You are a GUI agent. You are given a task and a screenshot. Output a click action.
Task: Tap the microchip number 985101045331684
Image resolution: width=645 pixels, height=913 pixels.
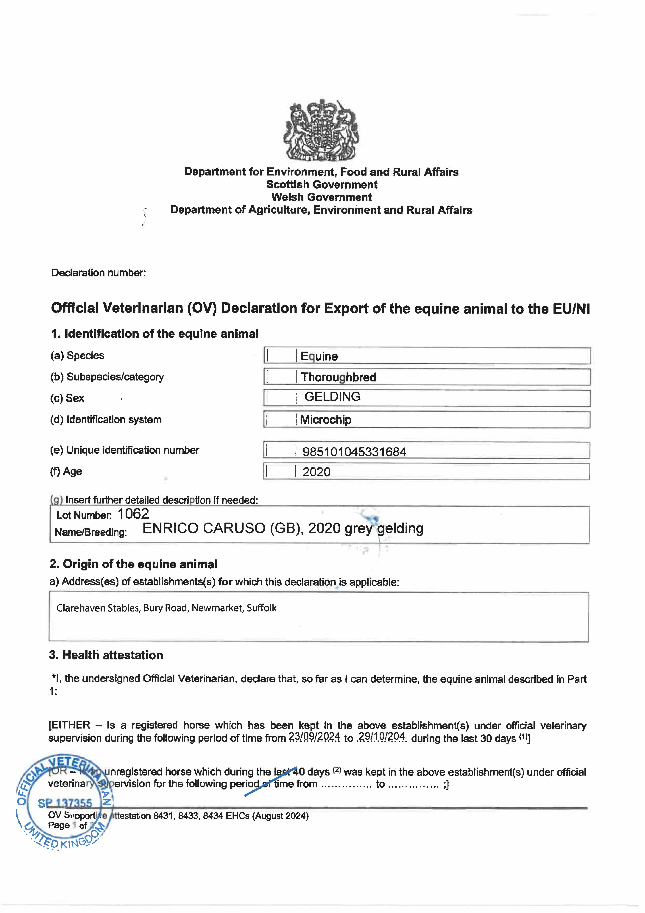(354, 452)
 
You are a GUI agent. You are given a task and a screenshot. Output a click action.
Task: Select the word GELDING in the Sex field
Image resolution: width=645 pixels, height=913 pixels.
(332, 396)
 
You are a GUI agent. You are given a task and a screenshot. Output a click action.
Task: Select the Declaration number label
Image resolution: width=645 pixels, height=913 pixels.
(99, 273)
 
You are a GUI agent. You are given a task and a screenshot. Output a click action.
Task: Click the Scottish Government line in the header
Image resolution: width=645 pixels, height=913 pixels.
(321, 184)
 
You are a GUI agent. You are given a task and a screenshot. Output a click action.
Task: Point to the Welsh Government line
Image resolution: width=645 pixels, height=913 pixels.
(321, 197)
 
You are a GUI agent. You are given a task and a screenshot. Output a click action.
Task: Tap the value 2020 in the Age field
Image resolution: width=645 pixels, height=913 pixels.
(316, 472)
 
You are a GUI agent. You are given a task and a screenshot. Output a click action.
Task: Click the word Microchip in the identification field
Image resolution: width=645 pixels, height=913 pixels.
(326, 419)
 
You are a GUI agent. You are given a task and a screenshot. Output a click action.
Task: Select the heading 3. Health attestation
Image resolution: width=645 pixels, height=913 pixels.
(106, 655)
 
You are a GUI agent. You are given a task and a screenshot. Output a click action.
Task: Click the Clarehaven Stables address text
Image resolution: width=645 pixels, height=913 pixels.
(166, 608)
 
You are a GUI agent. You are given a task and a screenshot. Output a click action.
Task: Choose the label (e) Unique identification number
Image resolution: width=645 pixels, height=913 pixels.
(124, 450)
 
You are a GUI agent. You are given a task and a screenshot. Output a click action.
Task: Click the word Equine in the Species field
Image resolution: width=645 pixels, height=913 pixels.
(319, 356)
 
